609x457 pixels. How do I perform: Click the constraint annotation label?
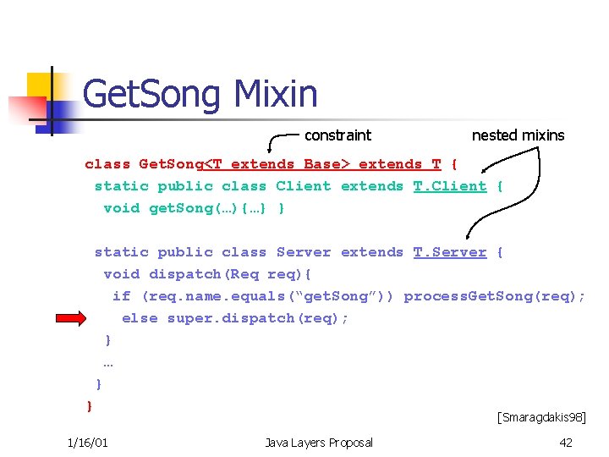click(x=337, y=135)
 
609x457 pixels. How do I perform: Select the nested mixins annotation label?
click(x=518, y=135)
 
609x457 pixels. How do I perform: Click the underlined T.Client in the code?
click(x=450, y=186)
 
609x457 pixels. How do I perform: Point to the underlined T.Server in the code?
click(x=450, y=252)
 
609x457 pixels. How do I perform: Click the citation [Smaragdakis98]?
click(x=541, y=416)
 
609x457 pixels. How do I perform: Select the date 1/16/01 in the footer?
click(x=87, y=443)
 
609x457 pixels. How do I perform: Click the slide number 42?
click(x=566, y=443)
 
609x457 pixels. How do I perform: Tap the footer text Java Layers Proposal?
click(x=319, y=443)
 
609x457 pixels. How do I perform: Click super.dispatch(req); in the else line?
click(x=258, y=318)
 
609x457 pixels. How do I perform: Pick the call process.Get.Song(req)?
click(x=494, y=296)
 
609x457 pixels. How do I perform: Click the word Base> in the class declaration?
click(x=322, y=164)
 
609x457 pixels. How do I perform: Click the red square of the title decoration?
click(x=25, y=111)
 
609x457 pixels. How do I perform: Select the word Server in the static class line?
click(x=304, y=252)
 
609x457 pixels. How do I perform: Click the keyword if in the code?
click(x=122, y=296)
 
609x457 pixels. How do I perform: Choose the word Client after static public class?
click(x=304, y=186)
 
